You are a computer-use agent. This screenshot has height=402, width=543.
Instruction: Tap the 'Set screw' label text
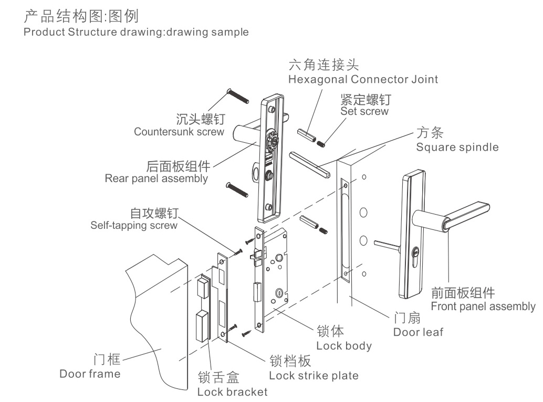364,111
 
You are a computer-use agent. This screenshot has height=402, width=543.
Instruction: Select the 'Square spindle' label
457,147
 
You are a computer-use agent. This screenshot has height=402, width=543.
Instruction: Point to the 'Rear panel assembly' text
156,178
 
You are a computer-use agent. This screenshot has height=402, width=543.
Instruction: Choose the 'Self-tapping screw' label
131,226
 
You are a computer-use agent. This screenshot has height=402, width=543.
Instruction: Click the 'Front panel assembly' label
483,306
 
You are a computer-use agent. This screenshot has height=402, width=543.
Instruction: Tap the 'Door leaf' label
418,332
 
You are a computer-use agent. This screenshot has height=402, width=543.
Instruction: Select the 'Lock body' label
343,346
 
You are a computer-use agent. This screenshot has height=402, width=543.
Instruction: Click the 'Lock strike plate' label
314,376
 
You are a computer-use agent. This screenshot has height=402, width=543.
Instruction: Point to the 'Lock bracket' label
232,392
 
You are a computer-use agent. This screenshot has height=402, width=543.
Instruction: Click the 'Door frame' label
90,374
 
